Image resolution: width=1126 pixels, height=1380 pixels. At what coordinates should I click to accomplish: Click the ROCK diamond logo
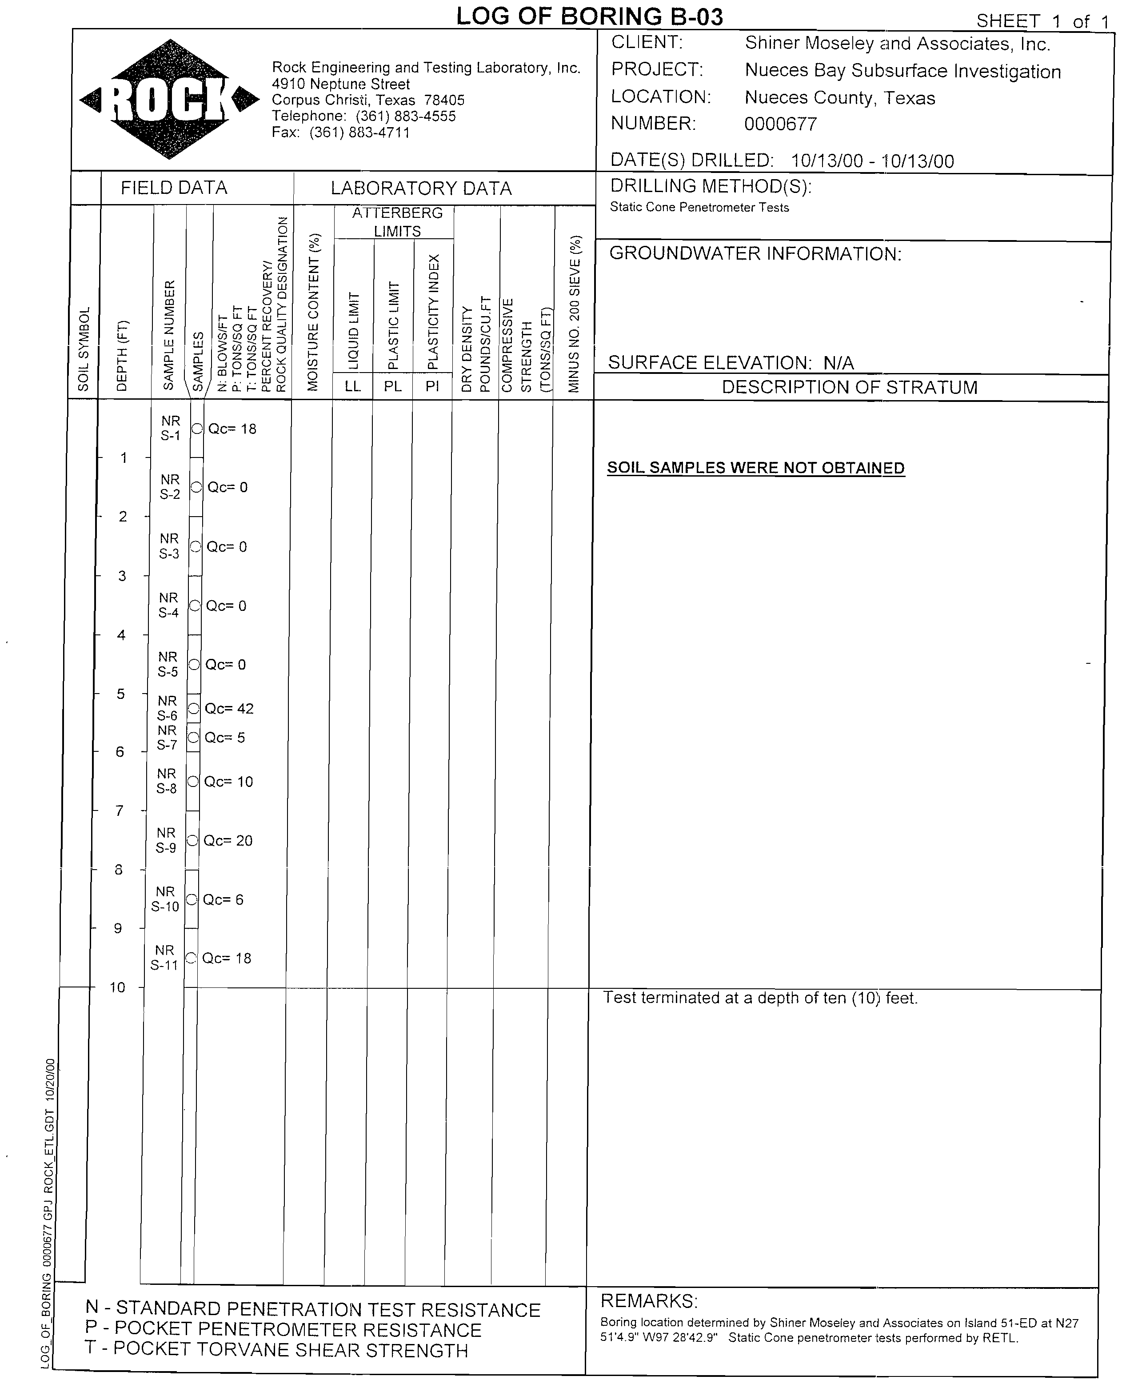(x=169, y=99)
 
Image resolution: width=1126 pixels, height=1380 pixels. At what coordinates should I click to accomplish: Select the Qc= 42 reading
(x=229, y=709)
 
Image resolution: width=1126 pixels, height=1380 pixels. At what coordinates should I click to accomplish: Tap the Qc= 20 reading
(x=228, y=840)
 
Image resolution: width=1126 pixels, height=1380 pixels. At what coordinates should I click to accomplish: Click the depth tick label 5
(x=121, y=694)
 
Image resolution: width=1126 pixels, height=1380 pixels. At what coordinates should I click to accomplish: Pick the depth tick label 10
(x=117, y=987)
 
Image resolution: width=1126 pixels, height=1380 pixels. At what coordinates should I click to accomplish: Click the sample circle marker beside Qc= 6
(x=192, y=899)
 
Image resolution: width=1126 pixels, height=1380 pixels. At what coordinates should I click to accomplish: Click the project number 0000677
(x=780, y=124)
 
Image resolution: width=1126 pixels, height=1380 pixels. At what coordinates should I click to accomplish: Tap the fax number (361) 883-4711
(x=359, y=132)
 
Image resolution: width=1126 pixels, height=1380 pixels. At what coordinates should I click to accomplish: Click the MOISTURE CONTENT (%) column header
(x=313, y=311)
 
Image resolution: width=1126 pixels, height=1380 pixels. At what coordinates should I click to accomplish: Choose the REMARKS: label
(x=649, y=1301)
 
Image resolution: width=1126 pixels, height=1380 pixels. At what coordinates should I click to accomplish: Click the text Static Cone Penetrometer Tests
(x=699, y=208)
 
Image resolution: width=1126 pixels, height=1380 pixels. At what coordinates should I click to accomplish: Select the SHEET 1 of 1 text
(x=1043, y=21)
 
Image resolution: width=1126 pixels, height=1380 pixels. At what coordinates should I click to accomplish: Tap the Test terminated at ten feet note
(x=760, y=998)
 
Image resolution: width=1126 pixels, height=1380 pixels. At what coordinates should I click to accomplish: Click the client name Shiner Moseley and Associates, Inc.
(x=897, y=44)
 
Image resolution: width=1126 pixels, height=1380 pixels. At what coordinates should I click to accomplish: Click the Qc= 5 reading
(x=224, y=738)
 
